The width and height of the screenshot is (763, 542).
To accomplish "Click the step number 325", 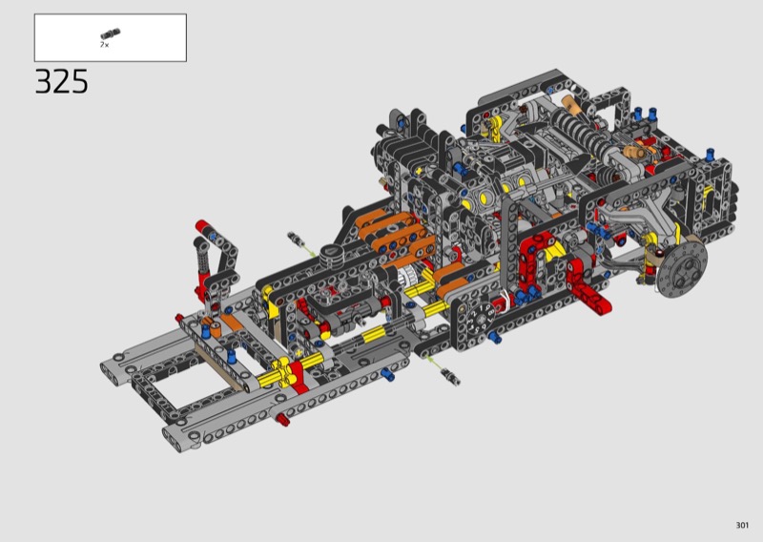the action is pyautogui.click(x=61, y=81).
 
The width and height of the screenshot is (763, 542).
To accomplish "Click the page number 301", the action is pyautogui.click(x=742, y=525).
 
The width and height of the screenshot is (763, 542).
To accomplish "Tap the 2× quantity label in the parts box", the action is pyautogui.click(x=105, y=45).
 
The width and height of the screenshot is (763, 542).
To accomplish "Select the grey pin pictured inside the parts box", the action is pyautogui.click(x=111, y=34).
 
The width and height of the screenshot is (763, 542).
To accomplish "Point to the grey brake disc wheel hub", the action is pyautogui.click(x=681, y=268).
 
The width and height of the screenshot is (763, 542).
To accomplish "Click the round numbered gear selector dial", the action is pyautogui.click(x=479, y=319).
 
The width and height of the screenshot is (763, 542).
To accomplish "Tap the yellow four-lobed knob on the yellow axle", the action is pyautogui.click(x=283, y=372).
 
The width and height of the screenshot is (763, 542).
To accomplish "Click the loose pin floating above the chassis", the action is pyautogui.click(x=296, y=240).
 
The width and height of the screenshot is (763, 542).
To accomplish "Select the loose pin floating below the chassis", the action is pyautogui.click(x=450, y=377).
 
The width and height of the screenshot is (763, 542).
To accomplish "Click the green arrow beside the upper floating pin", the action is pyautogui.click(x=310, y=251).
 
